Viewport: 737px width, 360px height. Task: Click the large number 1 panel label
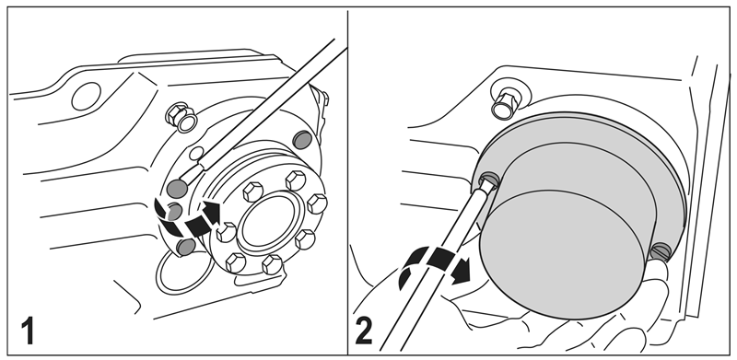pyautogui.click(x=28, y=331)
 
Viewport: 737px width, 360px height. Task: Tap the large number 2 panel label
pyautogui.click(x=363, y=331)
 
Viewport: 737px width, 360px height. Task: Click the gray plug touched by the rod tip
pyautogui.click(x=177, y=188)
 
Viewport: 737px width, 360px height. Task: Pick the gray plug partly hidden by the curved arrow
pyautogui.click(x=174, y=212)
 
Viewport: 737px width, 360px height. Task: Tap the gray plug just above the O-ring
pyautogui.click(x=186, y=246)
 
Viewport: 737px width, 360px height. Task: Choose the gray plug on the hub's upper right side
pyautogui.click(x=302, y=140)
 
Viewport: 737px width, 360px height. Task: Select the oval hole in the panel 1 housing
pyautogui.click(x=86, y=96)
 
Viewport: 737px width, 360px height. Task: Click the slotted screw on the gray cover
pyautogui.click(x=661, y=251)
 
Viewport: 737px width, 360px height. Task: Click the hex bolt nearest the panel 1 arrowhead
pyautogui.click(x=226, y=232)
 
